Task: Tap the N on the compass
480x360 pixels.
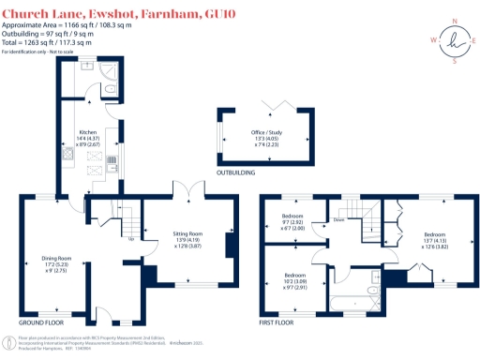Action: (457, 20)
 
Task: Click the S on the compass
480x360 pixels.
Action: (457, 62)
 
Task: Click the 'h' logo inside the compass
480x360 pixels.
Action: (457, 41)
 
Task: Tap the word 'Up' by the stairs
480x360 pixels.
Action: (129, 238)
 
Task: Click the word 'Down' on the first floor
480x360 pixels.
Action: (337, 221)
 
